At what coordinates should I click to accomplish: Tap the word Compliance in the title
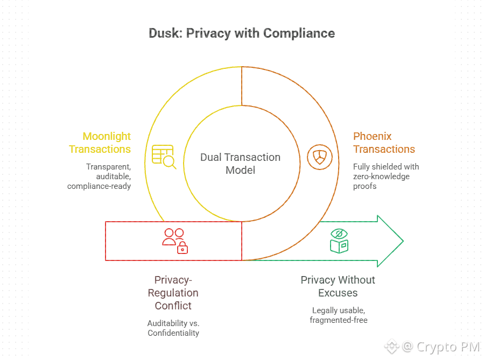[x=299, y=33]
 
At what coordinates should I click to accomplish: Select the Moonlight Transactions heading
[x=100, y=143]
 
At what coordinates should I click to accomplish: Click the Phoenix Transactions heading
[x=384, y=143]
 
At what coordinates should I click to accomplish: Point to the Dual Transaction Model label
[x=240, y=164]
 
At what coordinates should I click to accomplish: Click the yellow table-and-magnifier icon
[x=164, y=157]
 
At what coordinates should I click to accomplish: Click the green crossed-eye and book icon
[x=339, y=241]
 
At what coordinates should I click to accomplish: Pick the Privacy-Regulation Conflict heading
[x=173, y=293]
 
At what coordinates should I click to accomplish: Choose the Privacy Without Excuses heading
[x=338, y=286]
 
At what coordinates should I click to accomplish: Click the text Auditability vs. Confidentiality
[x=173, y=328]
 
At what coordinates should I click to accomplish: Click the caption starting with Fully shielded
[x=385, y=177]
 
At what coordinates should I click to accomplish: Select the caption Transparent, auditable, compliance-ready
[x=100, y=177]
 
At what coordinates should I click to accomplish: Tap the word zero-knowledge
[x=381, y=177]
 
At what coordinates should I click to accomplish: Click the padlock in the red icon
[x=183, y=248]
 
